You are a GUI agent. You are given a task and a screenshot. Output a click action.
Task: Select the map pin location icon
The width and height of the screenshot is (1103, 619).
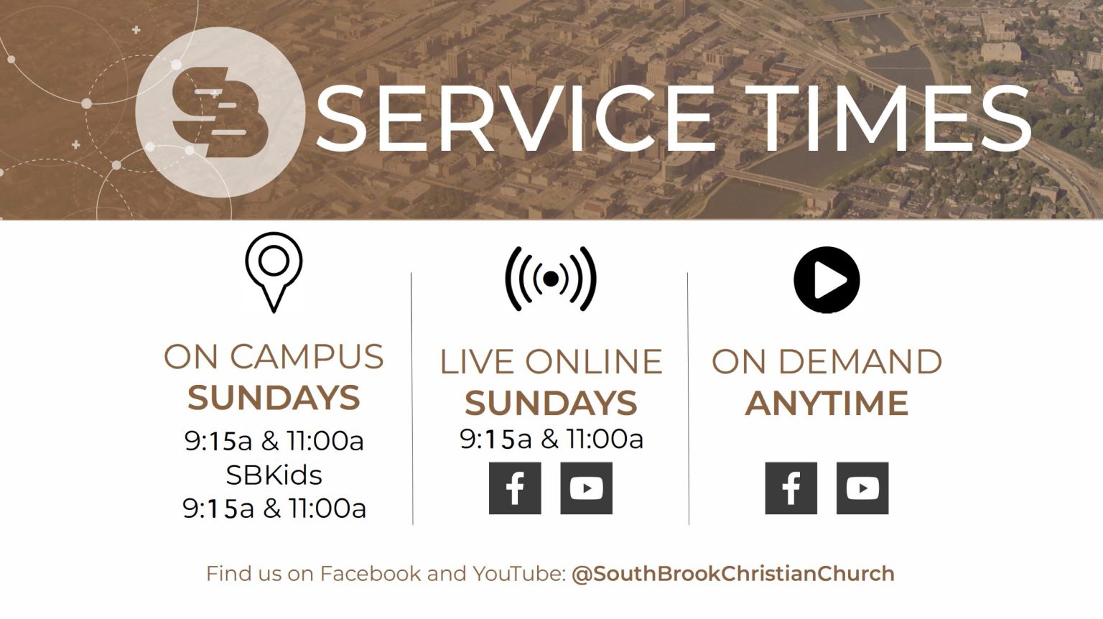(x=273, y=272)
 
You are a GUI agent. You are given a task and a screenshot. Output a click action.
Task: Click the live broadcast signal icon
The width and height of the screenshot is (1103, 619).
(x=551, y=279)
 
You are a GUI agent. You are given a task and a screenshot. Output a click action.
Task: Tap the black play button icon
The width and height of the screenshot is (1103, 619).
(x=827, y=279)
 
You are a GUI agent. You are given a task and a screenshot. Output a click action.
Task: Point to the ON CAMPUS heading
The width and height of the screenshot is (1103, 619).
(x=274, y=357)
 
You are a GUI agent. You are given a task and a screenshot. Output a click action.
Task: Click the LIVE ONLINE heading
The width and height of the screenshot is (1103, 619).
(x=551, y=362)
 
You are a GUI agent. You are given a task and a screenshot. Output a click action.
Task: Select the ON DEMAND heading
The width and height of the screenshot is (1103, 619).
(x=827, y=362)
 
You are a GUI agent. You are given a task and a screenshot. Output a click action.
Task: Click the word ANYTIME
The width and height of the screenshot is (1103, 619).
(x=827, y=403)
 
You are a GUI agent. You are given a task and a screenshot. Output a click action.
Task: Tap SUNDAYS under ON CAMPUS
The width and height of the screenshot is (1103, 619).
(x=274, y=398)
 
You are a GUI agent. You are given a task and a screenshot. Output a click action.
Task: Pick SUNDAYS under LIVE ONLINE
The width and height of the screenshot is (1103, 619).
(x=551, y=403)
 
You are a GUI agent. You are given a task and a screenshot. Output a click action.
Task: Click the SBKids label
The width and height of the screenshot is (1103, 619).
(x=274, y=475)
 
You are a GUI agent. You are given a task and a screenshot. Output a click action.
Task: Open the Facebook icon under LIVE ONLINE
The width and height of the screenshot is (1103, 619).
(x=515, y=488)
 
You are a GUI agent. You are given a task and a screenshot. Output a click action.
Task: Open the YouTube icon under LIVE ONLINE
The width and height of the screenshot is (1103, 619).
(x=586, y=488)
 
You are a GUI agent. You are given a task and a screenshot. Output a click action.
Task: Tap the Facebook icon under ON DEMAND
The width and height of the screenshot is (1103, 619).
(x=791, y=488)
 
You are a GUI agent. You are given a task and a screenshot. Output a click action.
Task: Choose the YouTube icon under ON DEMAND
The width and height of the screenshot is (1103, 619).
(x=862, y=488)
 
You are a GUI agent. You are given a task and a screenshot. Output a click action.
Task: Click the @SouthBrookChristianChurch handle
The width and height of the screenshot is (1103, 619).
(x=732, y=574)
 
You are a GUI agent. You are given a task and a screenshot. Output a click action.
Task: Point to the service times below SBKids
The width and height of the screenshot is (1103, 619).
(x=274, y=508)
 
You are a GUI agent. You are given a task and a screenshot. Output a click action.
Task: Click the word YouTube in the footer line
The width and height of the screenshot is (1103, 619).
(x=516, y=574)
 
